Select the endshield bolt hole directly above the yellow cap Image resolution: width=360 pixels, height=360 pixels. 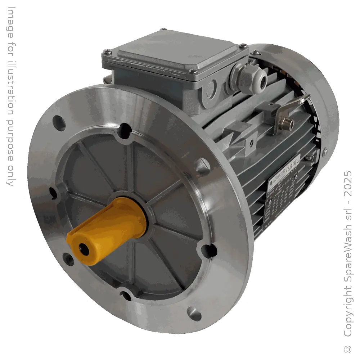[x=125, y=129]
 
